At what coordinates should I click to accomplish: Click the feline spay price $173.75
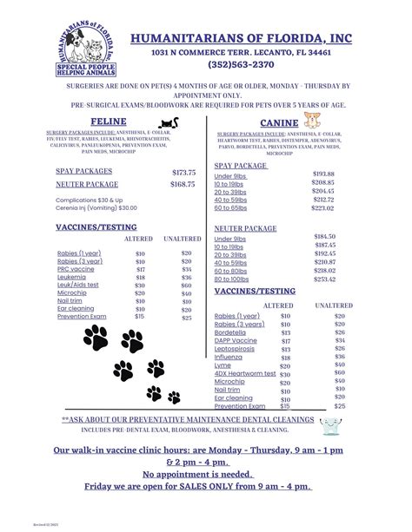(184, 173)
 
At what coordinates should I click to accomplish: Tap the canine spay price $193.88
(323, 174)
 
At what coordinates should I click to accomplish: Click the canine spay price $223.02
(323, 207)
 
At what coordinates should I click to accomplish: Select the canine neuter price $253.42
(324, 279)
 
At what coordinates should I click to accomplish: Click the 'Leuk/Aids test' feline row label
(78, 285)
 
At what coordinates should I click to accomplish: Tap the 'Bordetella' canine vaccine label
(232, 332)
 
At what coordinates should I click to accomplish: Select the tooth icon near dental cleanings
(329, 425)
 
